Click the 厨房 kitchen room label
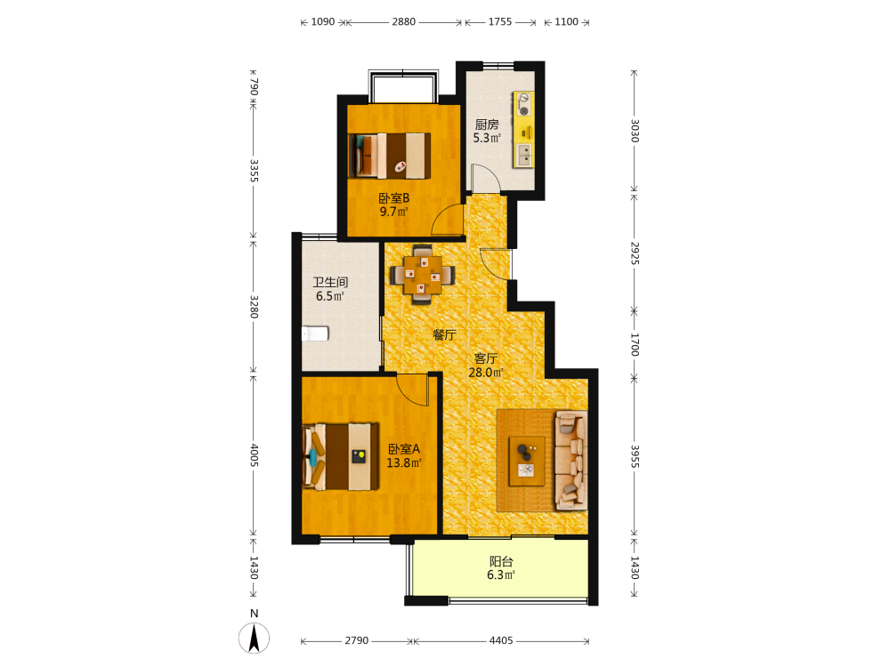(x=487, y=125)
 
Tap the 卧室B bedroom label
(x=394, y=198)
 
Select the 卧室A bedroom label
(x=404, y=449)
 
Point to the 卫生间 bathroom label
(x=330, y=282)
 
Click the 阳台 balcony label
(x=501, y=561)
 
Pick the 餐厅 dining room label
(x=444, y=334)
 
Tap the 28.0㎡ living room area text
(x=486, y=373)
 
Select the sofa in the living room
(x=571, y=461)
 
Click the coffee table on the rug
(x=527, y=461)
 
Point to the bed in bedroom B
(x=390, y=156)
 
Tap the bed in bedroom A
(x=341, y=456)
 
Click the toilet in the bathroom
(x=315, y=333)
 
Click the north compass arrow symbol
(x=255, y=638)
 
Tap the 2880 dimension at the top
(x=403, y=21)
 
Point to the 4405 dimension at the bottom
(x=501, y=640)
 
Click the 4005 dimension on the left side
(x=254, y=455)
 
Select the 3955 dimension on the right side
(x=635, y=456)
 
